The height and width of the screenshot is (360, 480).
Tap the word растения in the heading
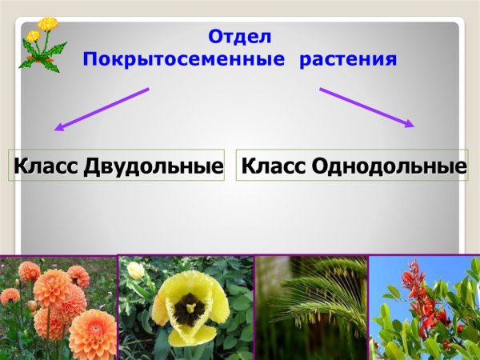349,59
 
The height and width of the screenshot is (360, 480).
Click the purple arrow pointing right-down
367,107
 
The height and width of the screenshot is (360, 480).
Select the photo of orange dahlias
58,308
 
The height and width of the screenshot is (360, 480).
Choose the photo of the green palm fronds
311,308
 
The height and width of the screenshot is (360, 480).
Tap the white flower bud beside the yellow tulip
136,270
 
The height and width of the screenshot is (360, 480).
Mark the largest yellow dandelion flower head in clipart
48,24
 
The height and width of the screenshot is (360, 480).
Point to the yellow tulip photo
186,308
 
